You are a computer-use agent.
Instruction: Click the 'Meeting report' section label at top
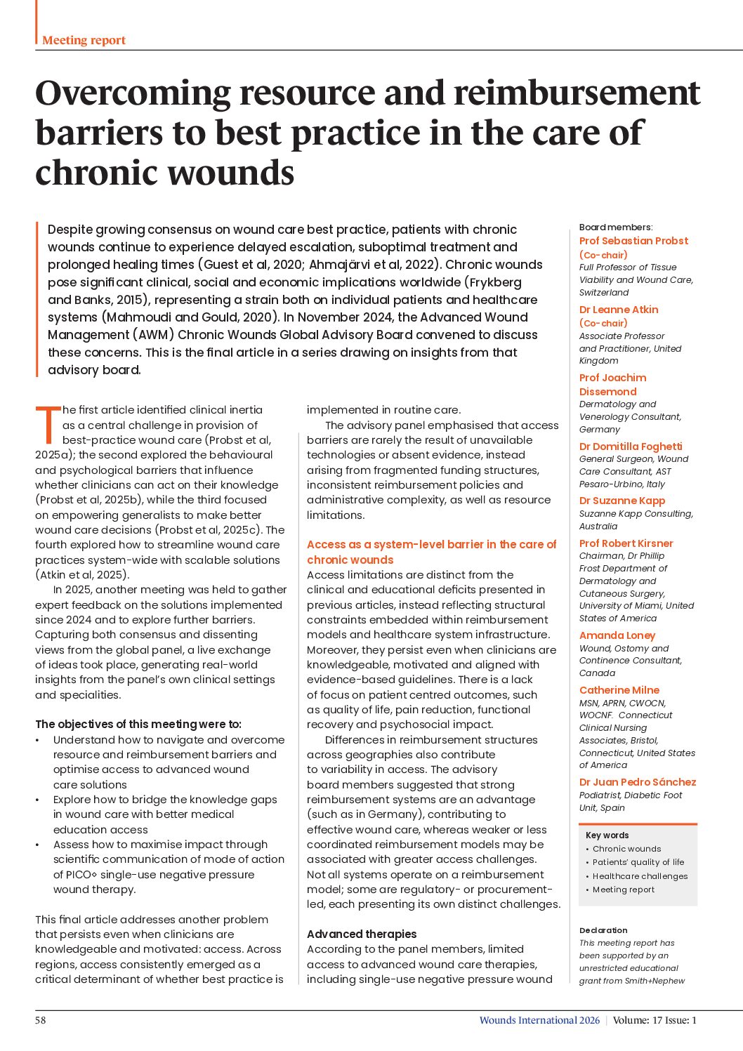pyautogui.click(x=84, y=40)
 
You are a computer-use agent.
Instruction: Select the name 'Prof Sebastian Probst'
pyautogui.click(x=633, y=241)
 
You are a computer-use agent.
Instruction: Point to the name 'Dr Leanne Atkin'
pyautogui.click(x=618, y=310)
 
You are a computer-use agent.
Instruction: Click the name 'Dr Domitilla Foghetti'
pyautogui.click(x=630, y=447)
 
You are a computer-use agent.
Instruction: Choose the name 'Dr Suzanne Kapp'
pyautogui.click(x=622, y=501)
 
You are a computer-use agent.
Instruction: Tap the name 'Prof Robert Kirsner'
pyautogui.click(x=626, y=543)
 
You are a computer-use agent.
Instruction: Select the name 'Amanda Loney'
pyautogui.click(x=617, y=635)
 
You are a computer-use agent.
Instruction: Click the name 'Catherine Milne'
pyautogui.click(x=619, y=690)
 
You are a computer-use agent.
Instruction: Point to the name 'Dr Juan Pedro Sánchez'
pyautogui.click(x=637, y=782)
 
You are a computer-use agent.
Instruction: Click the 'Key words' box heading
pyautogui.click(x=607, y=835)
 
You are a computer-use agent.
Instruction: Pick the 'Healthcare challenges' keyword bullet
pyautogui.click(x=640, y=876)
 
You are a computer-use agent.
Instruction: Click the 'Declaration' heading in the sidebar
pyautogui.click(x=603, y=930)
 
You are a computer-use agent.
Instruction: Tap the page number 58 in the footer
pyautogui.click(x=41, y=1020)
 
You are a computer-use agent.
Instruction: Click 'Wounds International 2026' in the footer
pyautogui.click(x=539, y=1020)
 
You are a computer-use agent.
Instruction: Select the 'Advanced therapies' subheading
pyautogui.click(x=362, y=934)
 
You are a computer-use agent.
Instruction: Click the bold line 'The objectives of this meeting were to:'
pyautogui.click(x=138, y=725)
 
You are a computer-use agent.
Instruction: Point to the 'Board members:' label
pyautogui.click(x=615, y=227)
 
